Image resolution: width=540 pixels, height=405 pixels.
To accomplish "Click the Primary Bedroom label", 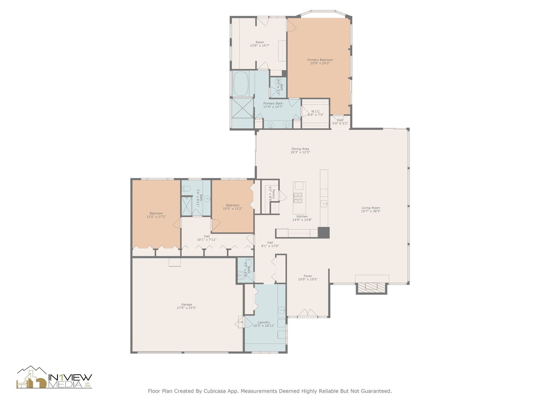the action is pos(320,60).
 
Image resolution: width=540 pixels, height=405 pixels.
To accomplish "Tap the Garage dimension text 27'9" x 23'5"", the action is pos(186,308).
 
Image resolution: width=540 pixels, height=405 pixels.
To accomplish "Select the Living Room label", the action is pos(371,208).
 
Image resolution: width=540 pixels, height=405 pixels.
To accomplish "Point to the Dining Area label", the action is pos(300,149).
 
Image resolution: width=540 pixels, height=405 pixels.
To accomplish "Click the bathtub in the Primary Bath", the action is pos(241,84).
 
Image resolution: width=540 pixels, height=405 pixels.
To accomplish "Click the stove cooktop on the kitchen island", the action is pos(298,198).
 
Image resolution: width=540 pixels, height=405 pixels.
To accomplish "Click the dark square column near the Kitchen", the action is pos(324,233).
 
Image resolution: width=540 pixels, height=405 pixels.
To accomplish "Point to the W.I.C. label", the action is pos(316,111).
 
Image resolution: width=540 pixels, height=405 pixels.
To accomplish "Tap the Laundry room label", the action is pos(264,322).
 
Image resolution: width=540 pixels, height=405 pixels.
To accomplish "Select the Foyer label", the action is pos(308,276).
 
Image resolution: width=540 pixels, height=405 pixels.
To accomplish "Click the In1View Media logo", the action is pos(54,377).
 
